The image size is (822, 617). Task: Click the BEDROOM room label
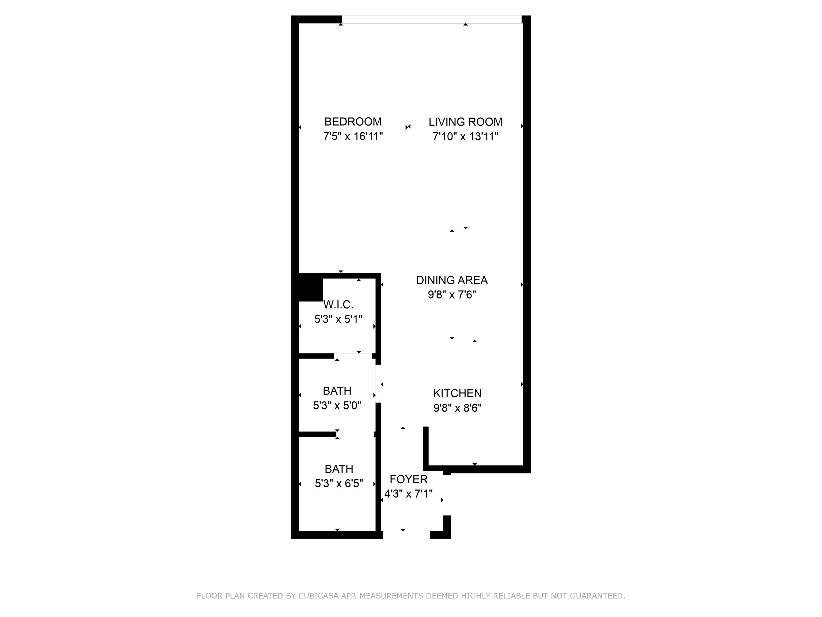click(x=353, y=122)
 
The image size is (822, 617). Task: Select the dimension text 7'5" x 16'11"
click(x=353, y=137)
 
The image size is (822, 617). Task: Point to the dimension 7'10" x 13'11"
click(x=465, y=137)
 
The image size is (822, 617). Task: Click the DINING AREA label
click(x=451, y=280)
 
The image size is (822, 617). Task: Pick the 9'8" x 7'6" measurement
click(x=451, y=295)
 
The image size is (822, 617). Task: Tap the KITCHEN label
click(x=457, y=393)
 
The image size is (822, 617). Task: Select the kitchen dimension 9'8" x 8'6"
click(x=457, y=408)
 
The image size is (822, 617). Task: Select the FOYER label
click(x=408, y=479)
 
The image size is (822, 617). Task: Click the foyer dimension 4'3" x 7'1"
click(x=408, y=494)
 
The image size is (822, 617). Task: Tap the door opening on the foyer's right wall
click(x=447, y=495)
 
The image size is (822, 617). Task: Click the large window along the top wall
click(x=431, y=19)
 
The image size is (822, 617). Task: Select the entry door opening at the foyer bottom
click(x=406, y=535)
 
